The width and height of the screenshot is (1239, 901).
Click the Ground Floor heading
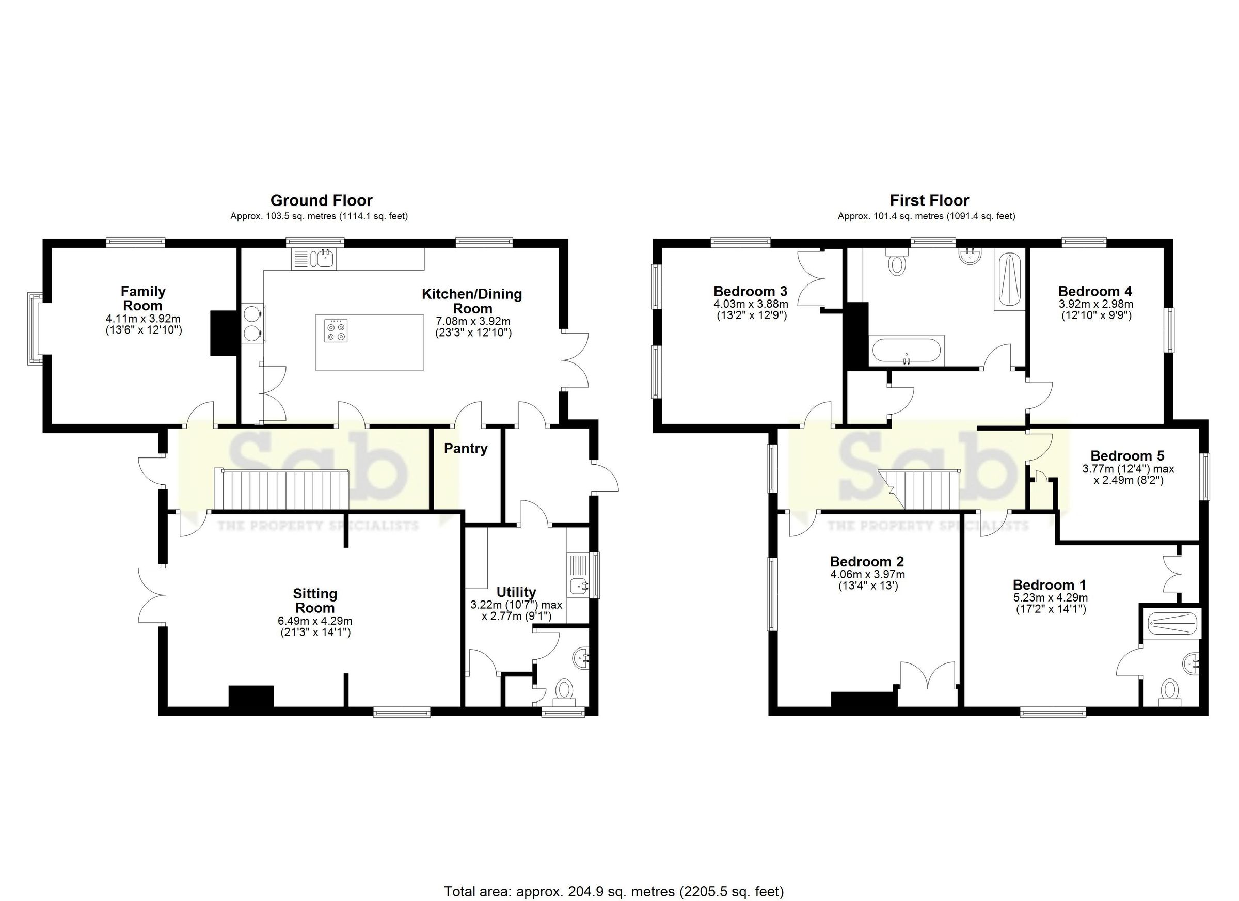point(321,200)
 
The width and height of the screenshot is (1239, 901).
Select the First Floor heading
point(929,200)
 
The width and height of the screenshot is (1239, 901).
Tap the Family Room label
point(143,298)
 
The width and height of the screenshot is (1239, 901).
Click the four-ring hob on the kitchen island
point(336,330)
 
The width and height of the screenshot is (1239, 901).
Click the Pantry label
point(466,449)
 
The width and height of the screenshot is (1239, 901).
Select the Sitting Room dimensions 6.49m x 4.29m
point(315,621)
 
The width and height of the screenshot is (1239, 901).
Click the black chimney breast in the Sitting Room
point(251,697)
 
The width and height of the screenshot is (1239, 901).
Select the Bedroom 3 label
point(750,291)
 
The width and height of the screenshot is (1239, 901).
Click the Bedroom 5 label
point(1127,456)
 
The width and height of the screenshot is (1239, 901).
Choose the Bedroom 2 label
point(867,562)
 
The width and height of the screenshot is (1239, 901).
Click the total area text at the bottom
point(613,892)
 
